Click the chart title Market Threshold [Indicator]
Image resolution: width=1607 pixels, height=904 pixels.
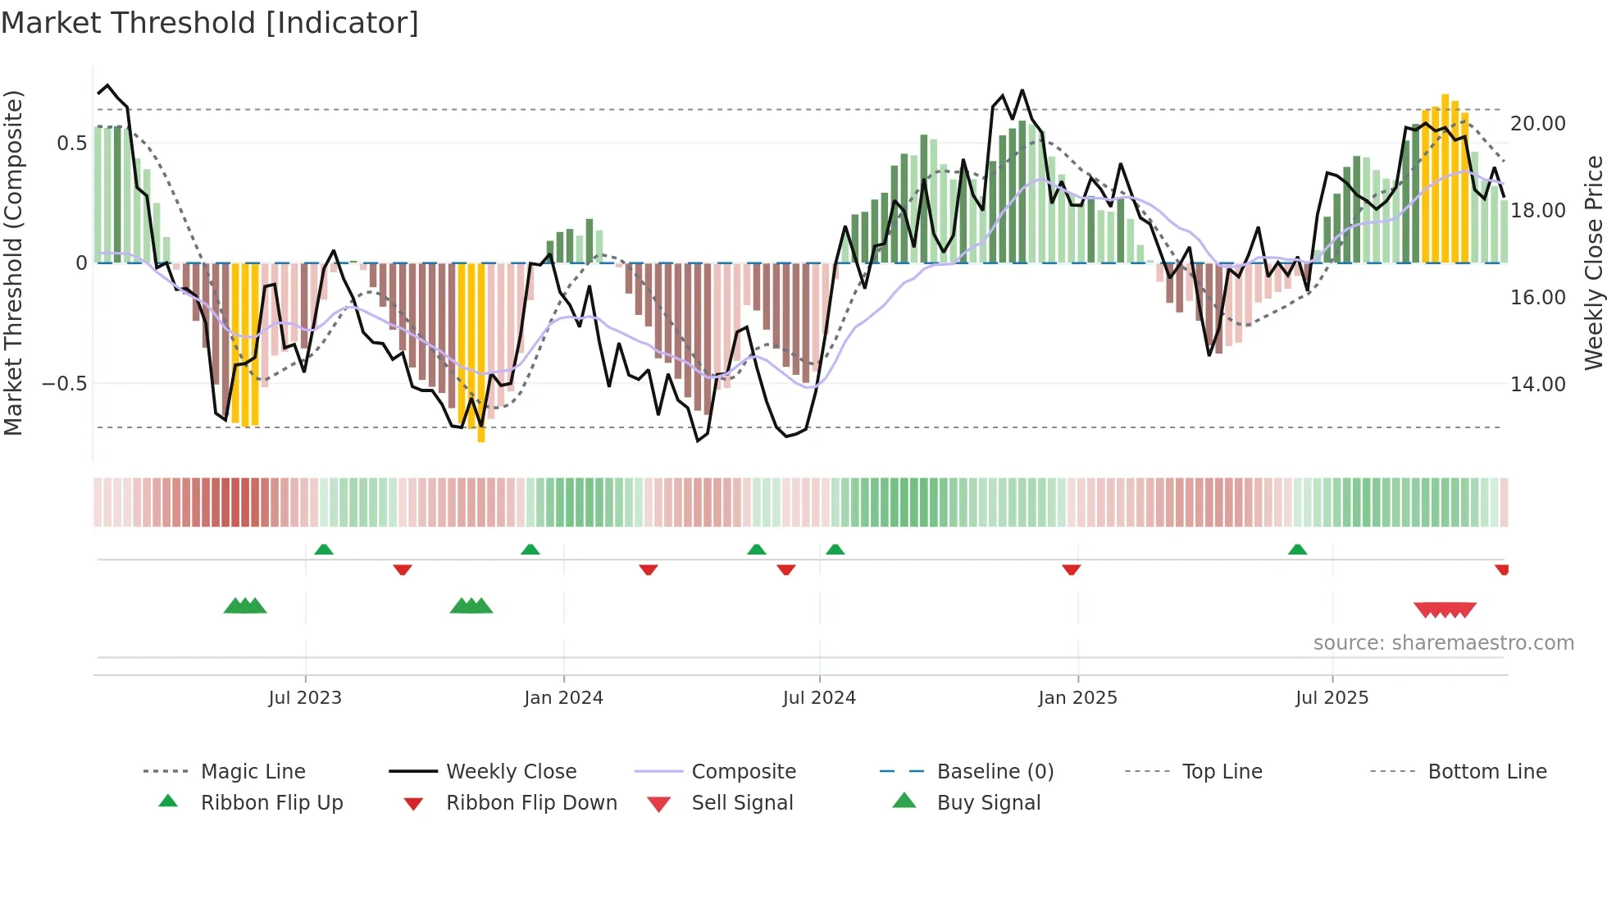tap(210, 23)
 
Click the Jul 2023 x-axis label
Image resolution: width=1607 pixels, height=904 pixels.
tap(305, 697)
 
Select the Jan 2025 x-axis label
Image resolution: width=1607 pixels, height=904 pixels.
tap(1077, 697)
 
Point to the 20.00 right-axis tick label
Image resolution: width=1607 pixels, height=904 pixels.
tap(1537, 123)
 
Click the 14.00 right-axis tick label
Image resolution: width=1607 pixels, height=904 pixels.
tap(1537, 384)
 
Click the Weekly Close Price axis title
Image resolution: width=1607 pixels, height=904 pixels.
tap(1593, 263)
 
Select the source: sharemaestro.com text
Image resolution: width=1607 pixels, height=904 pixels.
tap(1443, 642)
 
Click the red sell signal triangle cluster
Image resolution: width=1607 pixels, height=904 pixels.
tap(1445, 610)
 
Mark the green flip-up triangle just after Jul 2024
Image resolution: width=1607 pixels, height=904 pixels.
tap(835, 549)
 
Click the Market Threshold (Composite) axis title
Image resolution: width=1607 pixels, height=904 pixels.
tap(13, 263)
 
